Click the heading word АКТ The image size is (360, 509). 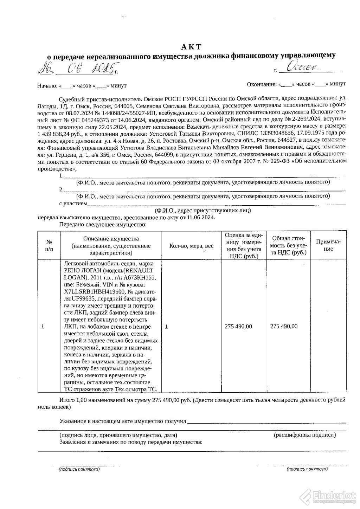click(x=192, y=46)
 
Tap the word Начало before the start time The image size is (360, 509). click(x=47, y=86)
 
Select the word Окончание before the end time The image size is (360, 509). click(x=262, y=84)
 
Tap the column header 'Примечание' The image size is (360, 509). click(x=328, y=245)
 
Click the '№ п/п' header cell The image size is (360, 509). click(x=49, y=246)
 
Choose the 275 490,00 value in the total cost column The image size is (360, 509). click(x=284, y=326)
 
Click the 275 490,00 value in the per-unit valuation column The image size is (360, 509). click(x=238, y=326)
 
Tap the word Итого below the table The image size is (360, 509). click(x=66, y=400)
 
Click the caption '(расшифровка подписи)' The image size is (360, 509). click(x=304, y=435)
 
